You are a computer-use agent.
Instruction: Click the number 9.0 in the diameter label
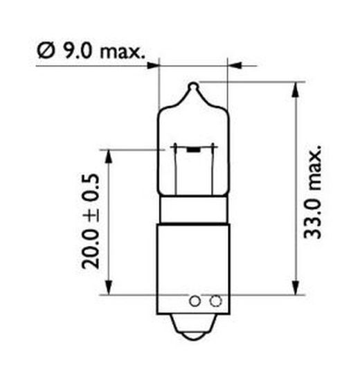[75, 51]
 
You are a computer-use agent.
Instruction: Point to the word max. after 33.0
[314, 163]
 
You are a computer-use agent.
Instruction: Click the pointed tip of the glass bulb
[194, 86]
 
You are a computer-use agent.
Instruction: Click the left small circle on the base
[195, 301]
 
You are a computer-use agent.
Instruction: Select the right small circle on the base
[215, 301]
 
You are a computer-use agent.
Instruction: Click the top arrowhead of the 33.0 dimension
[296, 88]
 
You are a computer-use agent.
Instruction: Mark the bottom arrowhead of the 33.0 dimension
[296, 288]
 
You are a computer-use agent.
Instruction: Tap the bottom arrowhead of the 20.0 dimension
[110, 288]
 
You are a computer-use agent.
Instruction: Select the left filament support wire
[177, 170]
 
